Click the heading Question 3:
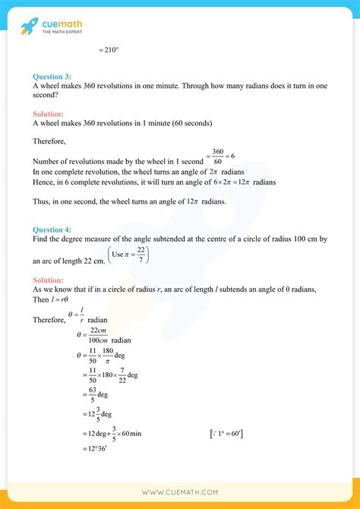[x=52, y=76]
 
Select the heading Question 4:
[x=52, y=229]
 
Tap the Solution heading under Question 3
[x=51, y=113]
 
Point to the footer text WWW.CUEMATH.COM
[x=180, y=492]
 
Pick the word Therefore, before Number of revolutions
[x=50, y=141]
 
